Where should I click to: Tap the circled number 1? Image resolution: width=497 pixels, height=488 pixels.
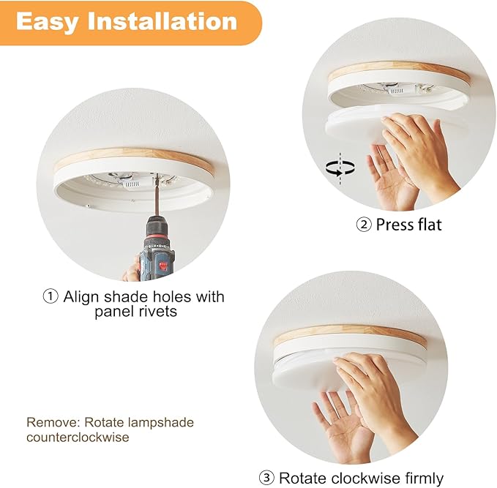(x=50, y=297)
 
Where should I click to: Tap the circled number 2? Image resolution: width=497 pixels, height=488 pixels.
(x=364, y=225)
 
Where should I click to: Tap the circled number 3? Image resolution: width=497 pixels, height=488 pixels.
(x=266, y=478)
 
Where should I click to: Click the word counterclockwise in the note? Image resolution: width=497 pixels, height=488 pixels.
(x=78, y=438)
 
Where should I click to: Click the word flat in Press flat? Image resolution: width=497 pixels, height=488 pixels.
(x=429, y=225)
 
